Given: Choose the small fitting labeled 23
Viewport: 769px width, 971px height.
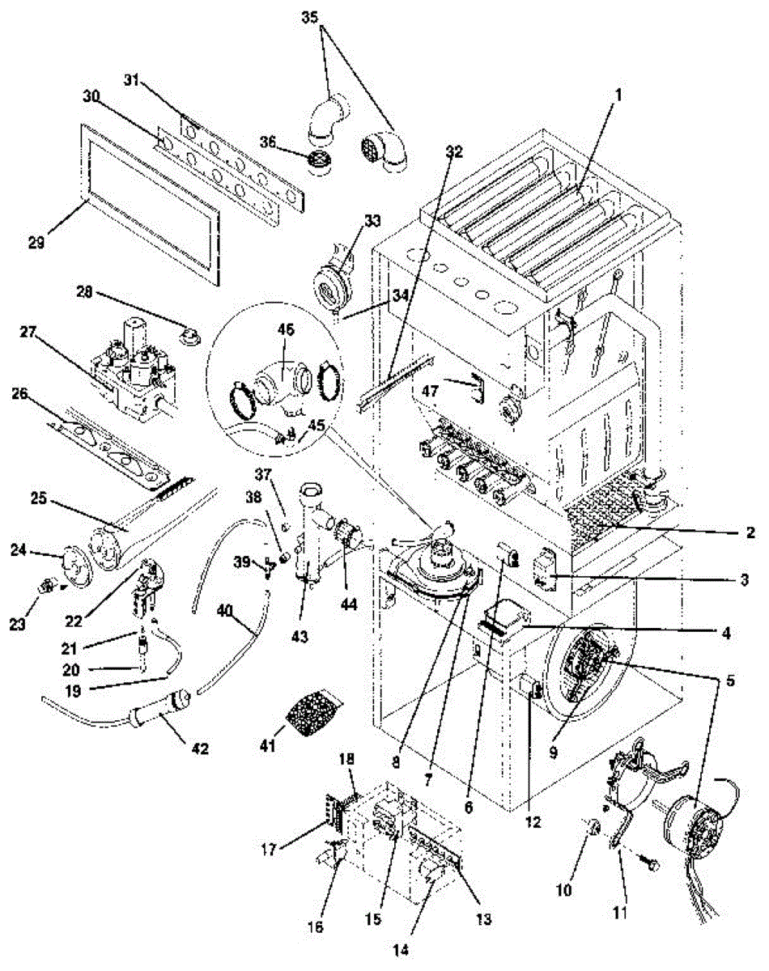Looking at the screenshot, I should [x=47, y=584].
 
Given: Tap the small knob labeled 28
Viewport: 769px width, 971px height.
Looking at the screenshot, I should [x=190, y=334].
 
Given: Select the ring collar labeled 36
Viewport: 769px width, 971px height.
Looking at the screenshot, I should [x=325, y=159].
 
